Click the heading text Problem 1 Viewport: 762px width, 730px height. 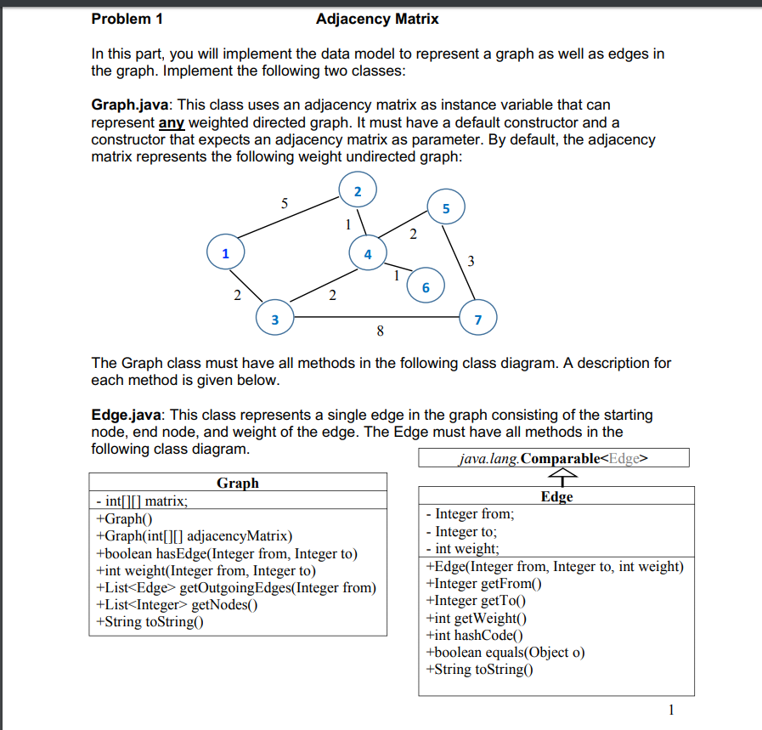pyautogui.click(x=127, y=19)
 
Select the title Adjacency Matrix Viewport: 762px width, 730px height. pyautogui.click(x=377, y=19)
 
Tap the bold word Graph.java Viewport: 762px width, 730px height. pyautogui.click(x=132, y=105)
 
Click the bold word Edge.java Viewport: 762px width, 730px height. pyautogui.click(x=128, y=415)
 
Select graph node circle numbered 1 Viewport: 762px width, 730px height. pyautogui.click(x=225, y=253)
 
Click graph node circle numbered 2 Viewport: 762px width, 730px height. pyautogui.click(x=358, y=191)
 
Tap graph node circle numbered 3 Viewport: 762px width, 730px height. pyautogui.click(x=274, y=320)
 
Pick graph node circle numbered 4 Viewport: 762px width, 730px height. pyautogui.click(x=367, y=254)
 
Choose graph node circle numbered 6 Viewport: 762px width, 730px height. pyautogui.click(x=426, y=287)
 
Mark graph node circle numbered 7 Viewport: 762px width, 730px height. pyautogui.click(x=477, y=320)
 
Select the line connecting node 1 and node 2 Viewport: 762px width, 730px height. pyautogui.click(x=289, y=220)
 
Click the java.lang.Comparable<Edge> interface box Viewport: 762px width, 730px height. pyautogui.click(x=553, y=459)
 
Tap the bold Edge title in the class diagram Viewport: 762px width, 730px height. pyautogui.click(x=556, y=496)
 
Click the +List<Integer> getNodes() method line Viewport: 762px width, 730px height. pyautogui.click(x=178, y=604)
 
